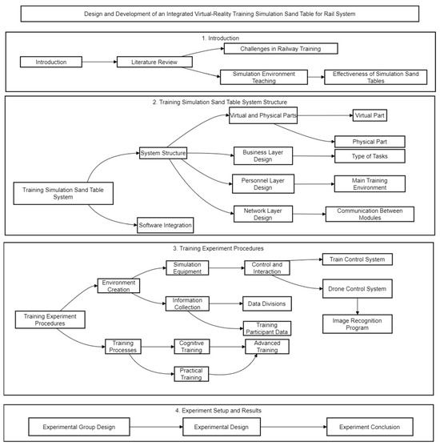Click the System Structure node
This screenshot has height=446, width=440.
pos(163,153)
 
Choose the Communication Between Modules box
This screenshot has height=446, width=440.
pos(370,214)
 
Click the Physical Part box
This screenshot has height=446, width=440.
pos(374,141)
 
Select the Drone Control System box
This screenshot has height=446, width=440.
pos(357,287)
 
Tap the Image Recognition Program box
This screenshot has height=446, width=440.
pos(357,324)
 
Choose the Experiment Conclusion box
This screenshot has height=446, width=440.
pos(368,426)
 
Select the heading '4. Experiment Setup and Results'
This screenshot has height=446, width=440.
pos(219,410)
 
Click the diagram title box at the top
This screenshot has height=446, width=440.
pos(219,14)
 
